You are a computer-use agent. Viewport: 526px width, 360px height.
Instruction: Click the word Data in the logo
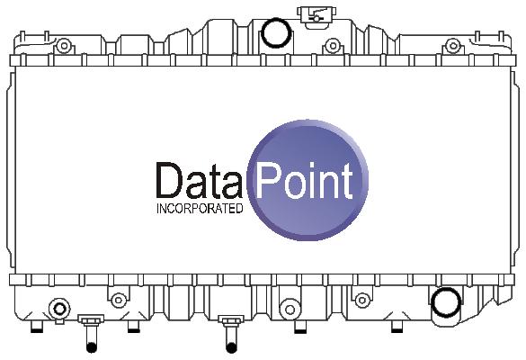(x=200, y=180)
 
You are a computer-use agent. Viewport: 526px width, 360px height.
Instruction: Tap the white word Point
(x=304, y=181)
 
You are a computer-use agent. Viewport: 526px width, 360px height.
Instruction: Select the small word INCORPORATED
(x=200, y=209)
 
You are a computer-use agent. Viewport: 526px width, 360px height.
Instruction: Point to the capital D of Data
(x=169, y=180)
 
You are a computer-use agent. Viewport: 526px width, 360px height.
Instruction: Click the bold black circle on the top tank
(x=275, y=32)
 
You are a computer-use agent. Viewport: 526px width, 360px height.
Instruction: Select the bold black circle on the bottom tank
(x=446, y=302)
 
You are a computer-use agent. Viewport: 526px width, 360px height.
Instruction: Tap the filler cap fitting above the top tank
(x=315, y=15)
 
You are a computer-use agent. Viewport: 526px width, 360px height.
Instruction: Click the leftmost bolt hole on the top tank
(x=64, y=46)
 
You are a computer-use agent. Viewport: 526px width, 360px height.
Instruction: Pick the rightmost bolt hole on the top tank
(x=453, y=45)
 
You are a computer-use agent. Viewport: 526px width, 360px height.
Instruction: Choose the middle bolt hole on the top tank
(x=333, y=46)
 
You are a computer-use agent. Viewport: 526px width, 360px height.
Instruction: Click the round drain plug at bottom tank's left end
(x=59, y=309)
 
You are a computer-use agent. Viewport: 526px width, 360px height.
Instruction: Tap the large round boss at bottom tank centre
(x=290, y=310)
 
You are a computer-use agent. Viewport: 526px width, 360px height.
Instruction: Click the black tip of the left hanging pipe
(x=91, y=347)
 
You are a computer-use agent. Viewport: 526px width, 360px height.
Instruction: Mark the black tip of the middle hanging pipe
(x=231, y=348)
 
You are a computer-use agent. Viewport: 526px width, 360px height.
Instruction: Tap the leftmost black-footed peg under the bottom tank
(x=37, y=327)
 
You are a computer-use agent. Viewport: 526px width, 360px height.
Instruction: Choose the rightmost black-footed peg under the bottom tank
(x=397, y=327)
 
